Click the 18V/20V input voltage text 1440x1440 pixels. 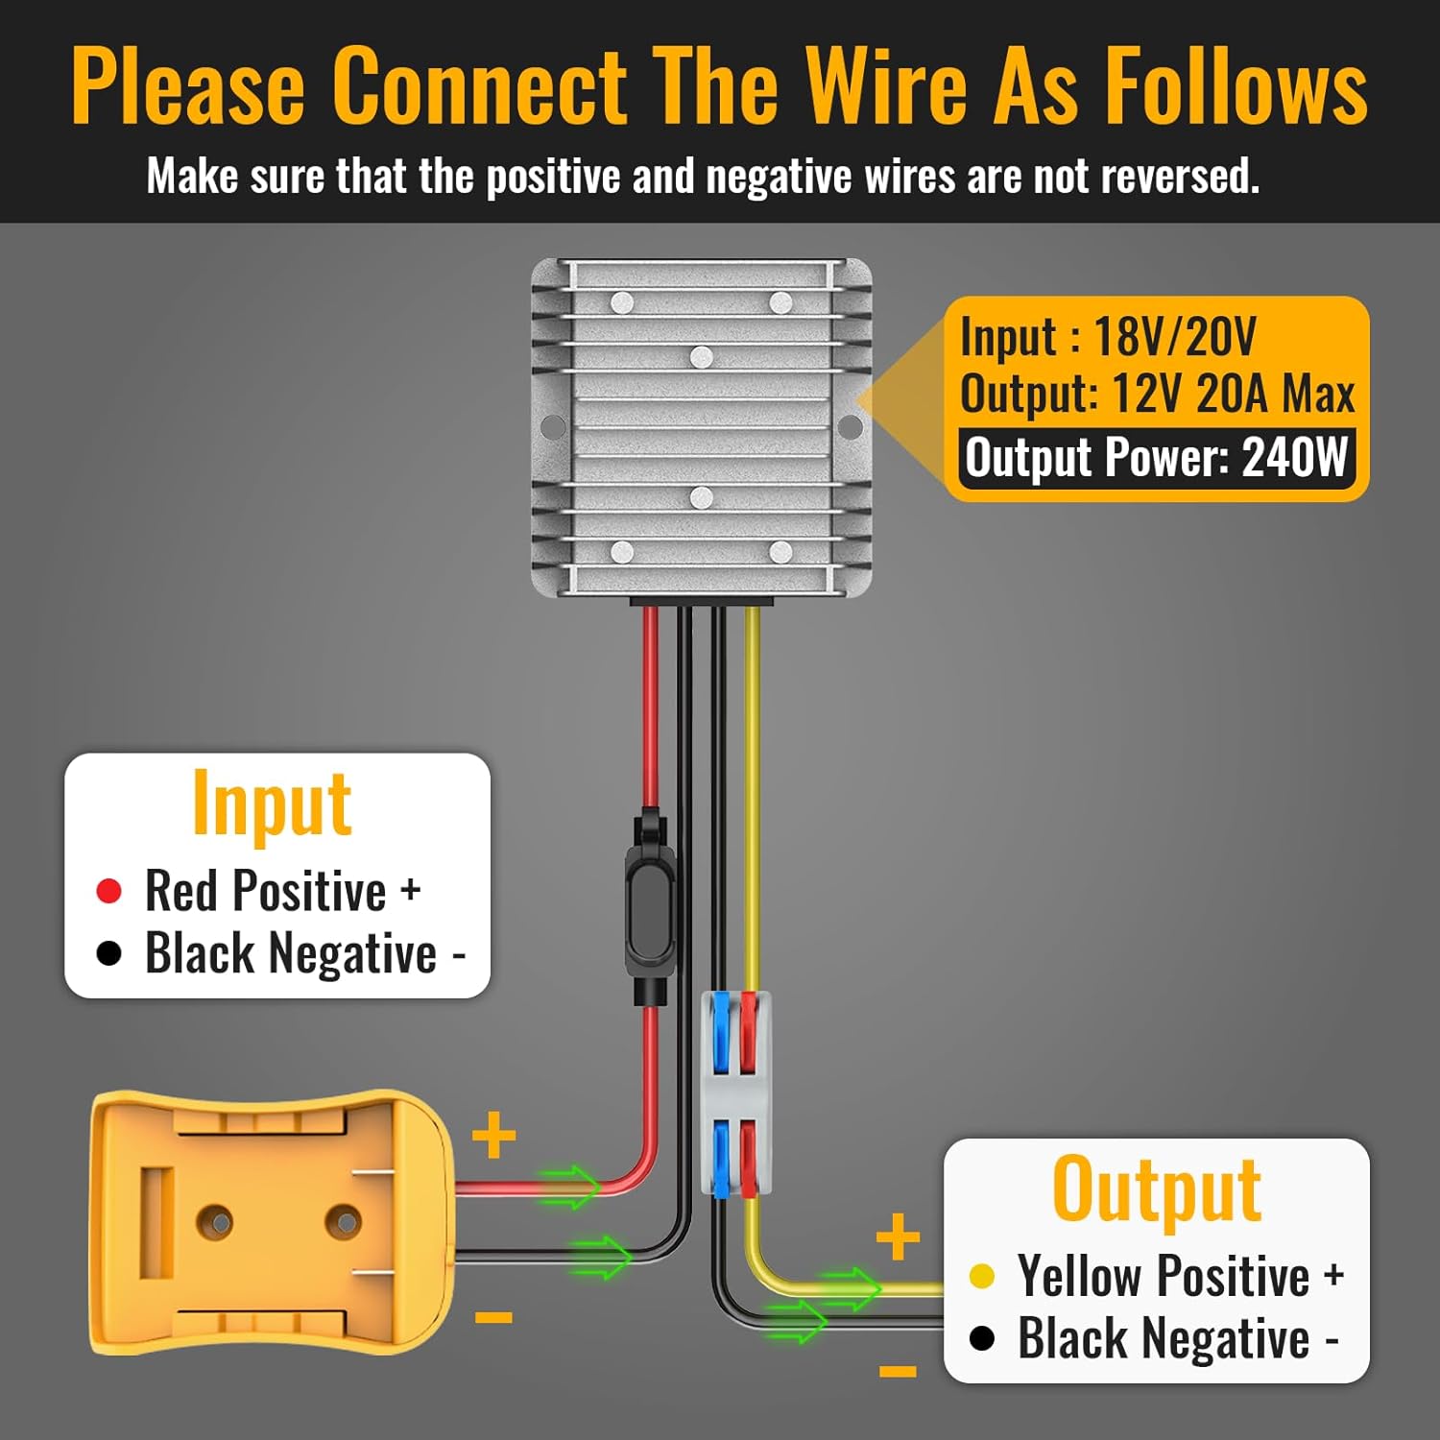[1174, 336]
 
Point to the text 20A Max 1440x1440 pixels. [1275, 394]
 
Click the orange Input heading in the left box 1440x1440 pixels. [272, 804]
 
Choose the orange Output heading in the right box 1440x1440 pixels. [1156, 1190]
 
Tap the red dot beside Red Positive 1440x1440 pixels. [109, 891]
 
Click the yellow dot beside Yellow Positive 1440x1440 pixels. [981, 1276]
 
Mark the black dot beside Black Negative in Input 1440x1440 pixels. [109, 953]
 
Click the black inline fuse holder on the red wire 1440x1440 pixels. [650, 907]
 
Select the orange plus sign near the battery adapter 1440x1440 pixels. [494, 1136]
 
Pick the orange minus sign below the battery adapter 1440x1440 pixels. [493, 1318]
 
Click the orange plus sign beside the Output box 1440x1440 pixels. [898, 1236]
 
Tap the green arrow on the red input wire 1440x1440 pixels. [569, 1187]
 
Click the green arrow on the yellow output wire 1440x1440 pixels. [851, 1288]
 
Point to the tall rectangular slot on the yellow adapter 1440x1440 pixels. [156, 1222]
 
